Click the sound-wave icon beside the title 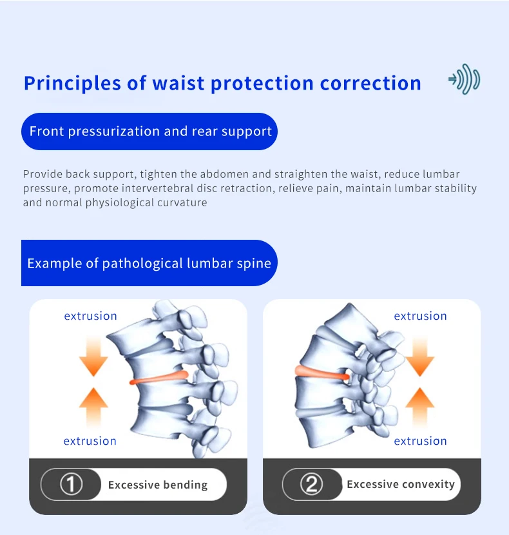pos(465,79)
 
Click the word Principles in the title pos(72,84)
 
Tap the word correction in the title pos(370,84)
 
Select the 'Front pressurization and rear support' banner pos(149,131)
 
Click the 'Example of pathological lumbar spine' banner pos(149,263)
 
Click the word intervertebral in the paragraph pos(157,188)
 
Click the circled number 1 pos(72,484)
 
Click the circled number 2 pos(311,484)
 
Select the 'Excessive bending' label pos(158,485)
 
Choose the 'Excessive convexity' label pos(401,485)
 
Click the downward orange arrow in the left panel pos(93,356)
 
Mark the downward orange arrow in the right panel pos(420,356)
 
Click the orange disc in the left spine pos(159,378)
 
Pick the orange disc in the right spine pos(322,373)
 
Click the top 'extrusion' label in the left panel pos(91,316)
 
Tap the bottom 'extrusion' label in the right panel pos(420,441)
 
